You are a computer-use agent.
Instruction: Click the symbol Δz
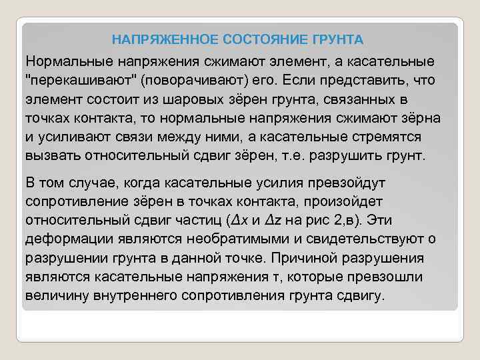coord(275,221)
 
